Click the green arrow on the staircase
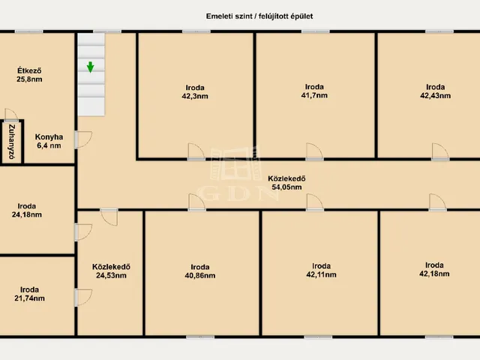pos(90,67)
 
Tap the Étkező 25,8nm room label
pos(29,75)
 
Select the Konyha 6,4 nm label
pos(49,141)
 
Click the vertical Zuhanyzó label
pos(12,142)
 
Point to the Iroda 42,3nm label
pos(195,91)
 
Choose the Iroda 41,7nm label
pos(314,91)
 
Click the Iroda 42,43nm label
pos(435,91)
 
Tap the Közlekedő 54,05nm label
pos(286,183)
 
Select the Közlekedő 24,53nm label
pos(111,271)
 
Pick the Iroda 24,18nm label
pos(27,210)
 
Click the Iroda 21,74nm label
pos(29,294)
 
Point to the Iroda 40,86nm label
pos(200,271)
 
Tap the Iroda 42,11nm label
pos(321,270)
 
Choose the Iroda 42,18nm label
pos(434,269)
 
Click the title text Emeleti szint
pos(229,16)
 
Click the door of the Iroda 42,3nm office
pos(196,151)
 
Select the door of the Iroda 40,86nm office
pos(196,202)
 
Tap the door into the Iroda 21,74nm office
pos(83,297)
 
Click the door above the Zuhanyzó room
pos(11,115)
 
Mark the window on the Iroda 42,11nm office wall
pos(318,337)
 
